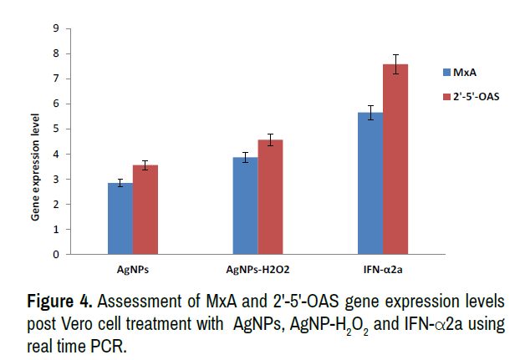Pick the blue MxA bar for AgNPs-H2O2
pos(245,205)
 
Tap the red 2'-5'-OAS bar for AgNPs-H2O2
pos(270,197)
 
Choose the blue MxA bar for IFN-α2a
pos(370,183)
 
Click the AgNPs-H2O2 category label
pos(257,269)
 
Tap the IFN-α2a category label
pos(383,269)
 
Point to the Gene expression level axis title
pos(36,175)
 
